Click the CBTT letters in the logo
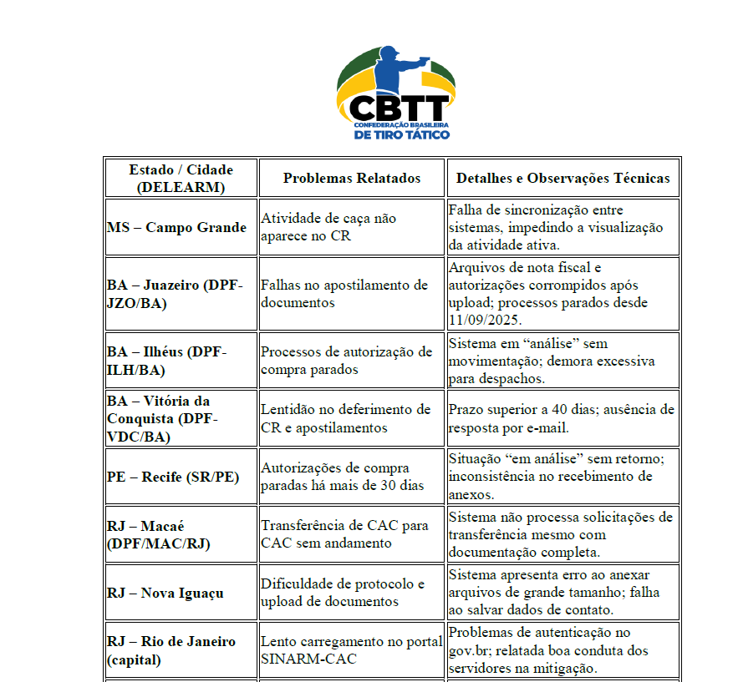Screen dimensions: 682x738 click(399, 108)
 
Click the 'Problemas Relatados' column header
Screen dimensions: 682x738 click(352, 178)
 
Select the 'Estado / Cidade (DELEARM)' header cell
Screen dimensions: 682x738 click(181, 178)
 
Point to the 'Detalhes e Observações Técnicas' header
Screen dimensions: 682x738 click(562, 178)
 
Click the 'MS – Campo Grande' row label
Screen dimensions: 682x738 click(176, 227)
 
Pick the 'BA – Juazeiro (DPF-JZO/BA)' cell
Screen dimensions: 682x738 click(175, 294)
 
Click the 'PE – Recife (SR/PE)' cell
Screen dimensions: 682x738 click(172, 477)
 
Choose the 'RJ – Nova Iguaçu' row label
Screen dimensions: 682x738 click(165, 593)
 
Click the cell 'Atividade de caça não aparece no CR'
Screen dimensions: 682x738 click(328, 227)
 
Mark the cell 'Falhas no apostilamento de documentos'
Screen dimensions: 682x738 click(344, 294)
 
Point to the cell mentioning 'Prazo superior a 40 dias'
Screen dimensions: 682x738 click(561, 418)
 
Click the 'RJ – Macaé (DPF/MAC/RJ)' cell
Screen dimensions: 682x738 click(159, 534)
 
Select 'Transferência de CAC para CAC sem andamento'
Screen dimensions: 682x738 click(344, 534)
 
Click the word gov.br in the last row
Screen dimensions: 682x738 click(469, 650)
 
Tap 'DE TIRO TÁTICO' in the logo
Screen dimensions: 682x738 click(402, 134)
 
